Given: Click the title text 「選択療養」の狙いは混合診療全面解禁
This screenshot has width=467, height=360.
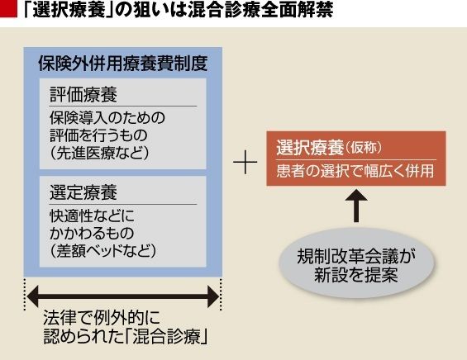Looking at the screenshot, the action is pyautogui.click(x=178, y=11).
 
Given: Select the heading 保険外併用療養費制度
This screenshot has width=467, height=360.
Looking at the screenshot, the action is pyautogui.click(x=122, y=64).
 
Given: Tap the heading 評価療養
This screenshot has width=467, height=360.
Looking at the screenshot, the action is pyautogui.click(x=83, y=95).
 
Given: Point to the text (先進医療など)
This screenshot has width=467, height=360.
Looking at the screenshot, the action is pyautogui.click(x=99, y=154).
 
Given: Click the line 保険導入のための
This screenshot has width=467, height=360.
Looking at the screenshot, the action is pyautogui.click(x=107, y=118).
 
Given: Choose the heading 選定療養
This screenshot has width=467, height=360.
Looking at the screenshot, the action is pyautogui.click(x=83, y=192).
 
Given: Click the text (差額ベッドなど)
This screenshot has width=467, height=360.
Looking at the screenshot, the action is pyautogui.click(x=102, y=251).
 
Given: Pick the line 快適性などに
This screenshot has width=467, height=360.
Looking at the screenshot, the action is pyautogui.click(x=92, y=216).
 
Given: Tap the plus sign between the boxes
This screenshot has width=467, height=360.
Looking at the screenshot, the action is pyautogui.click(x=245, y=162).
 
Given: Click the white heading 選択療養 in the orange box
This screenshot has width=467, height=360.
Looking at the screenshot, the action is pyautogui.click(x=310, y=147).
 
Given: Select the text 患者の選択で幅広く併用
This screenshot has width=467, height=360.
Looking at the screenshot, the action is pyautogui.click(x=355, y=171).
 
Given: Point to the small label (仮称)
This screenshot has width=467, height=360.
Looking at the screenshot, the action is pyautogui.click(x=364, y=148).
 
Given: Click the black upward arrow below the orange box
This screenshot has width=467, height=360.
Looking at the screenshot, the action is pyautogui.click(x=356, y=206).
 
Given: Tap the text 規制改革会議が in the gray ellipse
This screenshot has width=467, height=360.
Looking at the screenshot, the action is pyautogui.click(x=356, y=257).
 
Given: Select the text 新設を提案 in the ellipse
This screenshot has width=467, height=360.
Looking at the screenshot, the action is pyautogui.click(x=356, y=275).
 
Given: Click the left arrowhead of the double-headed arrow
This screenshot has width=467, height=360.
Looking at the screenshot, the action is pyautogui.click(x=33, y=296).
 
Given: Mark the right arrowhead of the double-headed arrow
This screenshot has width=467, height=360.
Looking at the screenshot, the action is pyautogui.click(x=213, y=296).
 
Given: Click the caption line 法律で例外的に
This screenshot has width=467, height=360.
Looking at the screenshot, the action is pyautogui.click(x=102, y=319).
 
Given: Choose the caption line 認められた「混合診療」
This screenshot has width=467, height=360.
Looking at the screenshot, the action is pyautogui.click(x=126, y=337).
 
